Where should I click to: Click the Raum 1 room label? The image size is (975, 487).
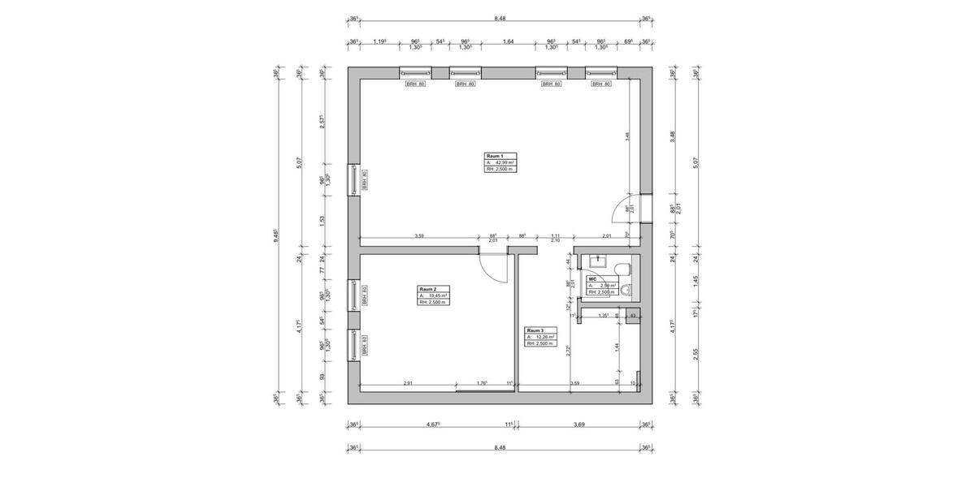coord(496,155)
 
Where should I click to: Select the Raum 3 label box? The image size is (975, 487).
coord(541,337)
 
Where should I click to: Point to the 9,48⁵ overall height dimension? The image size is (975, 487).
coord(278,236)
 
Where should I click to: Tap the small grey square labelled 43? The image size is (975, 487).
coord(633,315)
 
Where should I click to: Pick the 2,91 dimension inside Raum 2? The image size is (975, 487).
coord(407,382)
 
